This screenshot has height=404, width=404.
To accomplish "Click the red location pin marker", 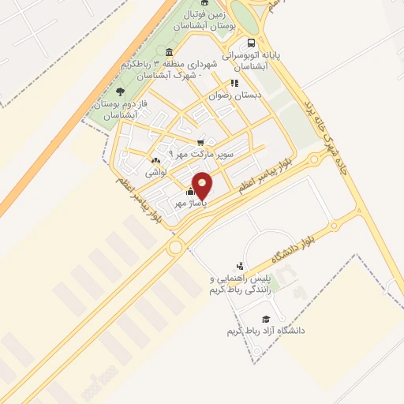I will tap(203, 185).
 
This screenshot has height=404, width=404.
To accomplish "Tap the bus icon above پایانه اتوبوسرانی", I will tap(251, 43).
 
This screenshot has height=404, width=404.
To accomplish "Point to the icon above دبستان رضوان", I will tap(234, 82).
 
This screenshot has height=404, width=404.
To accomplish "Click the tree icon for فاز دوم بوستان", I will tap(120, 92).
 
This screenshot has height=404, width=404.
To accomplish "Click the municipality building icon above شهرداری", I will tap(170, 52).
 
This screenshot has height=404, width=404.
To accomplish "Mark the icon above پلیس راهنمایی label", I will tap(239, 267).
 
